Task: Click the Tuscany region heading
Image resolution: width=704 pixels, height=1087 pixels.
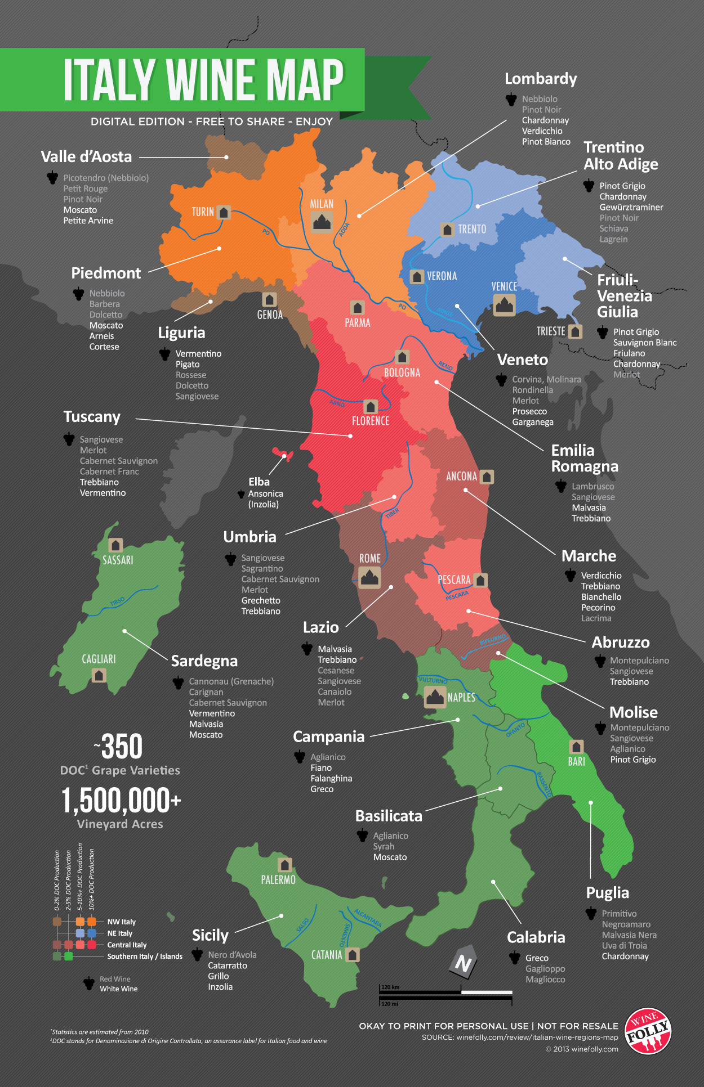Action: (x=92, y=417)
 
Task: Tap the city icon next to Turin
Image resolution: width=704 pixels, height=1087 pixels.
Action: (x=224, y=212)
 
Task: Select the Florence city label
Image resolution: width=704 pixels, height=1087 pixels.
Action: (x=370, y=421)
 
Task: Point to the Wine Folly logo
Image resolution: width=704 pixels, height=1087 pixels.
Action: (x=649, y=1031)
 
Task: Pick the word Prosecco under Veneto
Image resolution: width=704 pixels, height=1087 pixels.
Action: (x=529, y=411)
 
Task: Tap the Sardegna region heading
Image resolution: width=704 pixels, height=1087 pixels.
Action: (x=204, y=661)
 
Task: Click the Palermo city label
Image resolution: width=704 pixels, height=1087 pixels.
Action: (x=278, y=879)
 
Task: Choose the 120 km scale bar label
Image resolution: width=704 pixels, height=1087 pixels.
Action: (x=390, y=987)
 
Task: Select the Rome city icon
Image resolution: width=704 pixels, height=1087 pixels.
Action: (x=369, y=577)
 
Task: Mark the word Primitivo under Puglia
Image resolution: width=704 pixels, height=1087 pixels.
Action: (x=619, y=914)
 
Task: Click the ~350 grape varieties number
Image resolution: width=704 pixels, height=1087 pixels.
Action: (x=119, y=747)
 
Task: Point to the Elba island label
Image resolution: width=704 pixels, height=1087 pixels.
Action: (x=259, y=482)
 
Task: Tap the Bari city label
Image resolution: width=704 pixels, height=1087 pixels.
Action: (x=576, y=761)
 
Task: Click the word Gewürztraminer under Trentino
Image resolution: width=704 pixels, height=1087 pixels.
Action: (x=631, y=207)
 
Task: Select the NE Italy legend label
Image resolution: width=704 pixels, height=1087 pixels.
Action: (x=120, y=933)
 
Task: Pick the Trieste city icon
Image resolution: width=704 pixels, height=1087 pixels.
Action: (x=574, y=331)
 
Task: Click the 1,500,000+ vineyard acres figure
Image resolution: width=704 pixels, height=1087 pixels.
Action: (x=121, y=801)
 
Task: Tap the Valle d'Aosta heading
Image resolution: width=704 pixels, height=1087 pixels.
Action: (x=86, y=157)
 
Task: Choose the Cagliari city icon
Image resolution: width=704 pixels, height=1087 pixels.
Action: (x=99, y=675)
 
